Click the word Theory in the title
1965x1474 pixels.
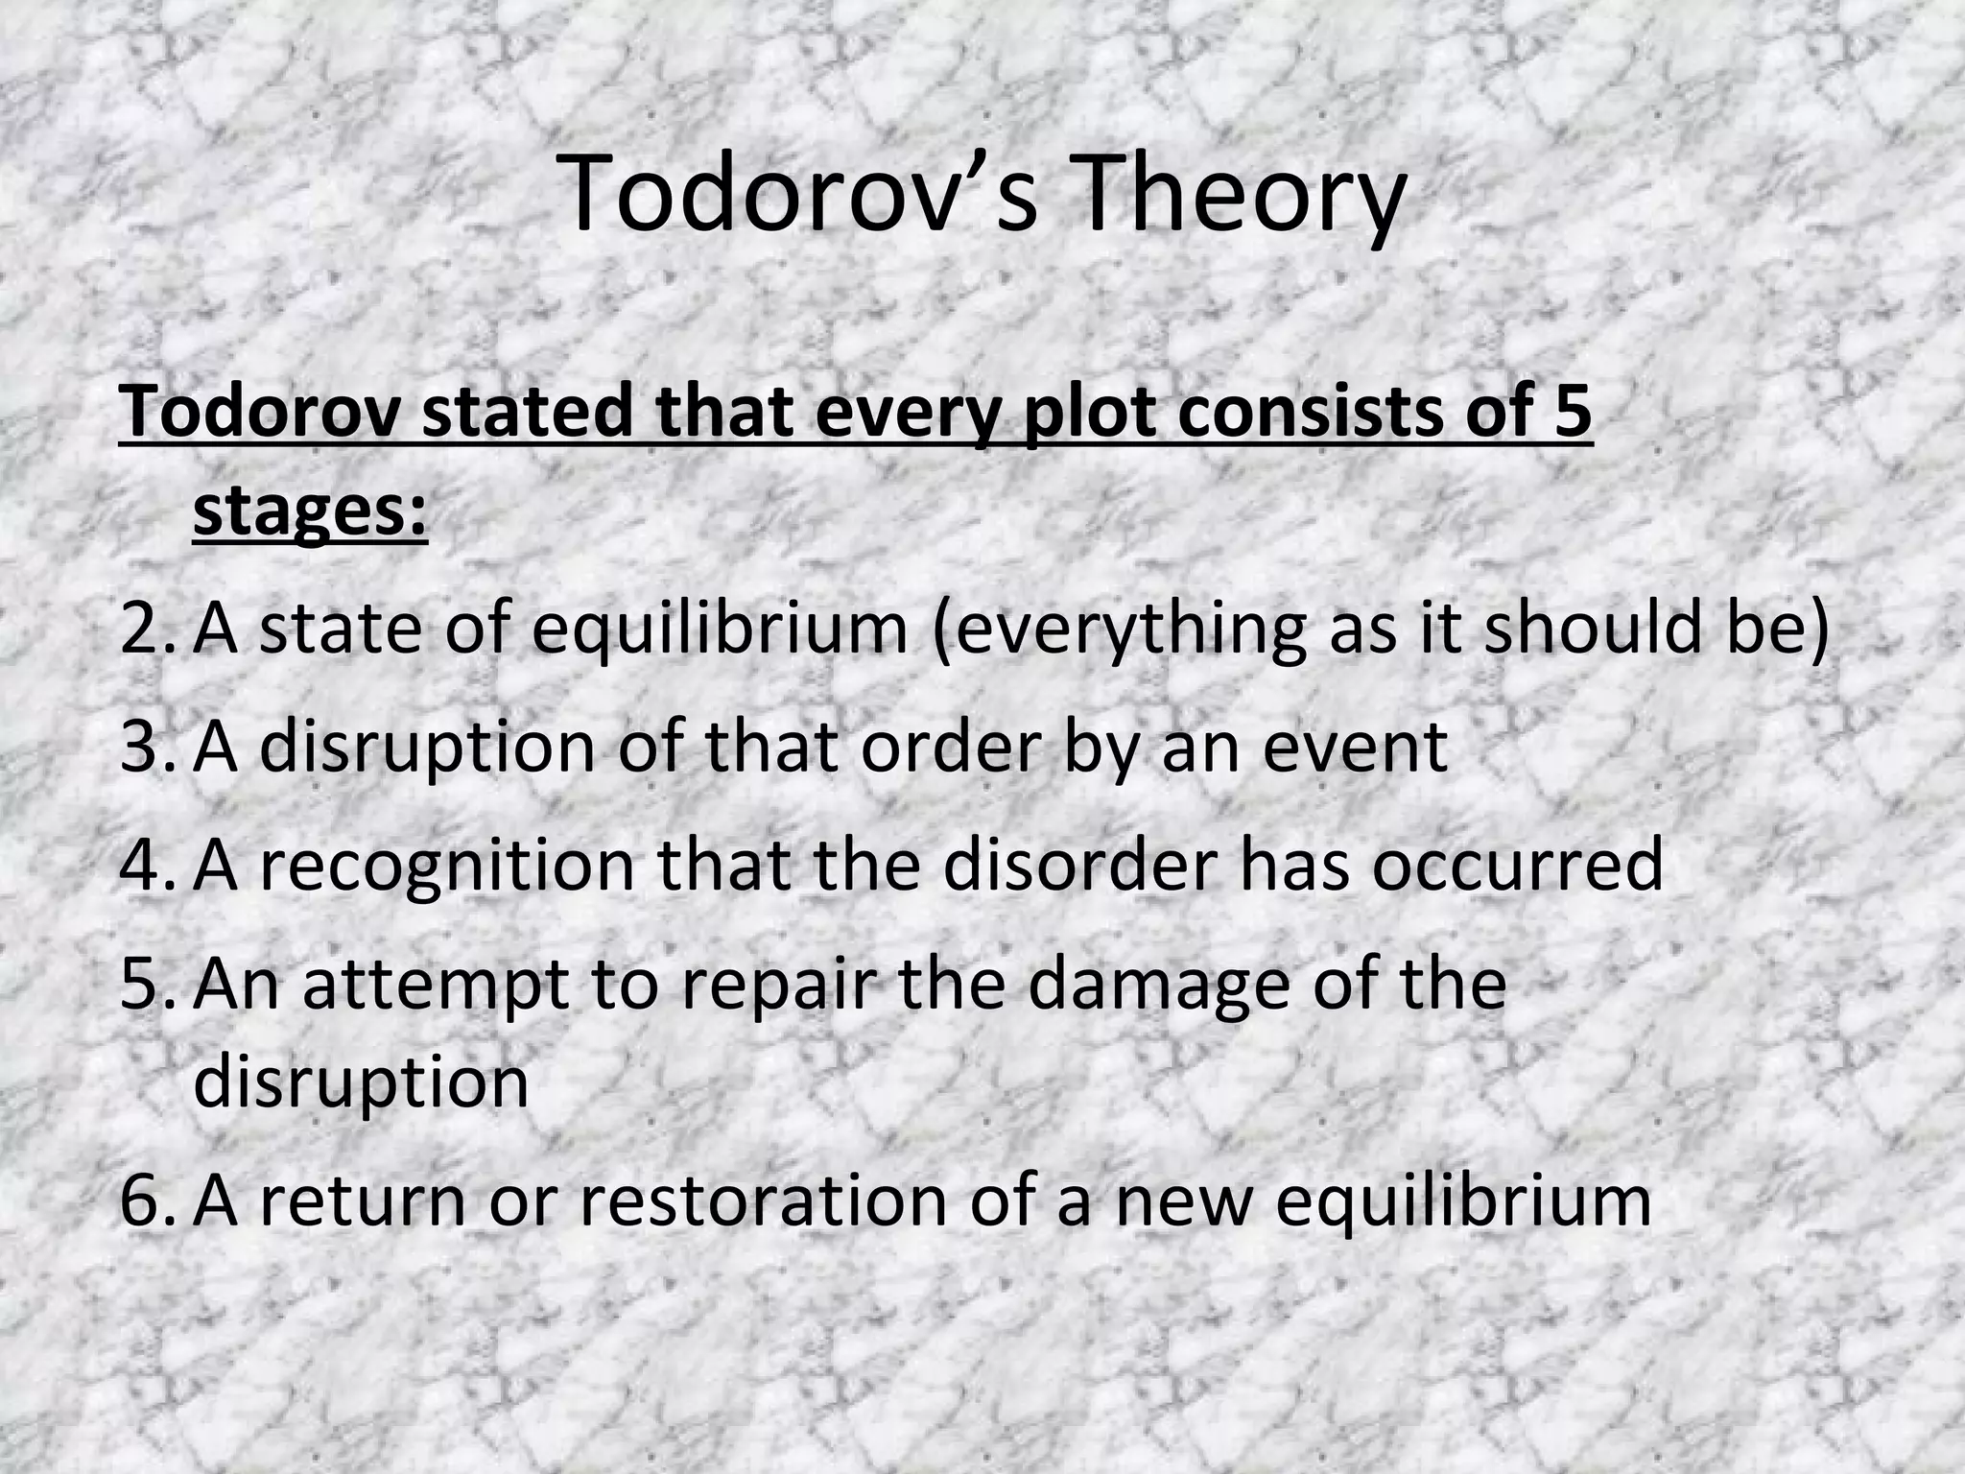(1243, 197)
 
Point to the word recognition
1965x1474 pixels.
(447, 863)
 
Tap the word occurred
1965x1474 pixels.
(1516, 863)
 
